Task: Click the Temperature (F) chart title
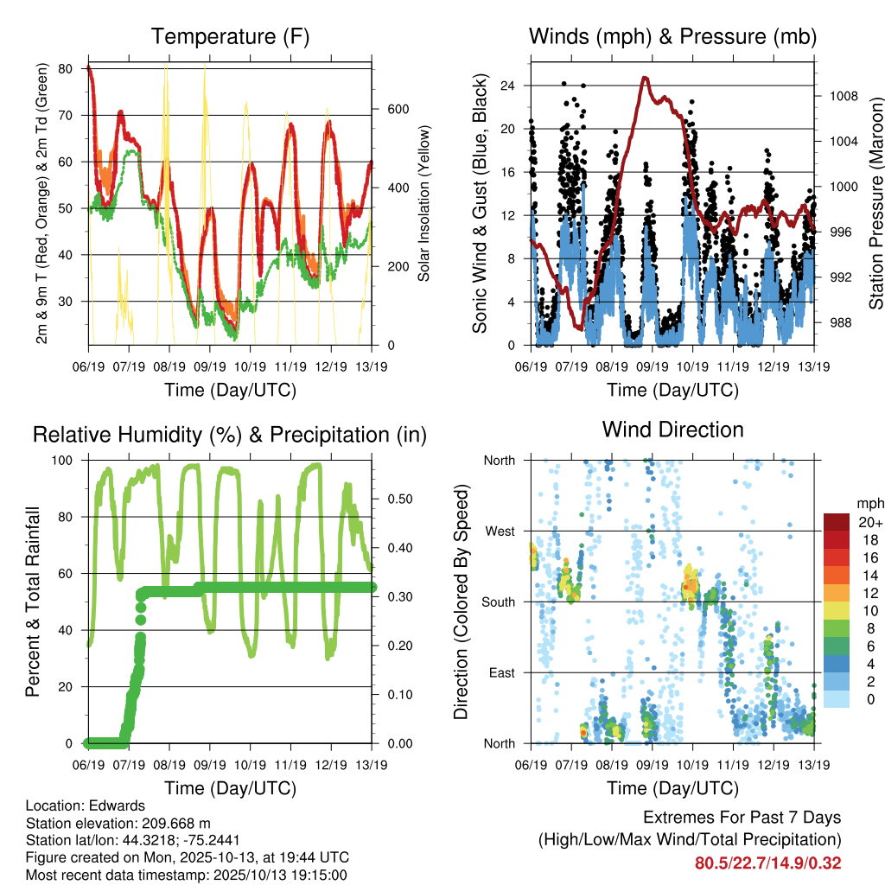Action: [230, 36]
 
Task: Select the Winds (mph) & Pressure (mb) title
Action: [672, 36]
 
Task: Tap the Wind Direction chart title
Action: [672, 430]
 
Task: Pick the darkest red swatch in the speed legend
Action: [836, 522]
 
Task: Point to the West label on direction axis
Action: [500, 531]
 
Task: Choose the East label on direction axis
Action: [500, 672]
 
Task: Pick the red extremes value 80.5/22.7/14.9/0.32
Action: [768, 863]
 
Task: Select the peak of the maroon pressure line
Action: [645, 78]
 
